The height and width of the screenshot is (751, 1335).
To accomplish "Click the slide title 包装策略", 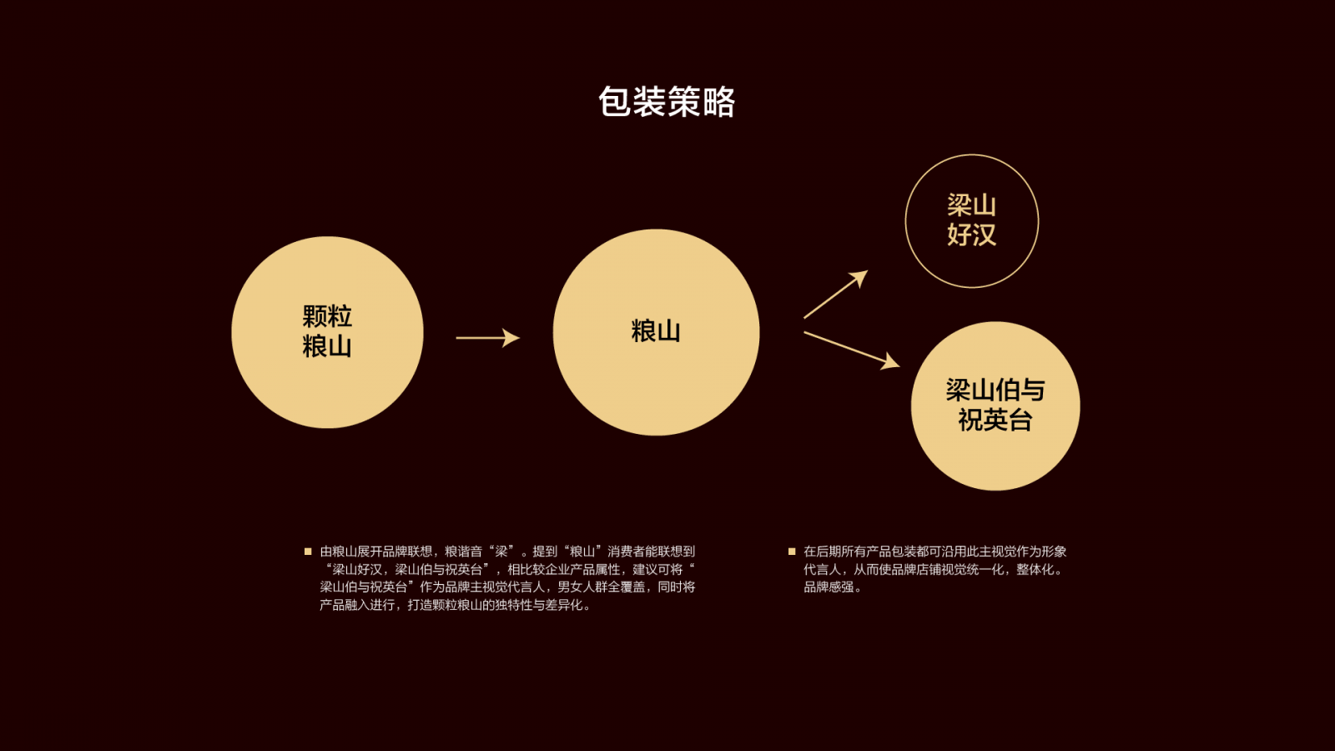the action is [667, 101].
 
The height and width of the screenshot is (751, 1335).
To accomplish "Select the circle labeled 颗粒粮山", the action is [327, 332].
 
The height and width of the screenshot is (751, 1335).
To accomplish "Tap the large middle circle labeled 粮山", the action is [656, 332].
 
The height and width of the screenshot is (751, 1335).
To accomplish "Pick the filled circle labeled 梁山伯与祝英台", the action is [995, 406].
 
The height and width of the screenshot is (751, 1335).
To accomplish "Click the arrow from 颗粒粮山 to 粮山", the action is [488, 338].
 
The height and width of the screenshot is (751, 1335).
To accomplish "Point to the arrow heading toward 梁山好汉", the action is [835, 295].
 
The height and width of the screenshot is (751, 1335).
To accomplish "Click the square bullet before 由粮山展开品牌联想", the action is [308, 552].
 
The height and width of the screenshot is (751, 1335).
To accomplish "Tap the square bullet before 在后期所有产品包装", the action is [792, 552].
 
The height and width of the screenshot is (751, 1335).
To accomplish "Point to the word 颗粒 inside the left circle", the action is [327, 316].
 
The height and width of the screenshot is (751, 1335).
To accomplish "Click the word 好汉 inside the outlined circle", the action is [972, 234].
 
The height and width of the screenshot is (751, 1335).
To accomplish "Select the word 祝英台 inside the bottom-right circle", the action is [995, 421].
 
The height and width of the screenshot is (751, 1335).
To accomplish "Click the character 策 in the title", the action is [683, 101].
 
